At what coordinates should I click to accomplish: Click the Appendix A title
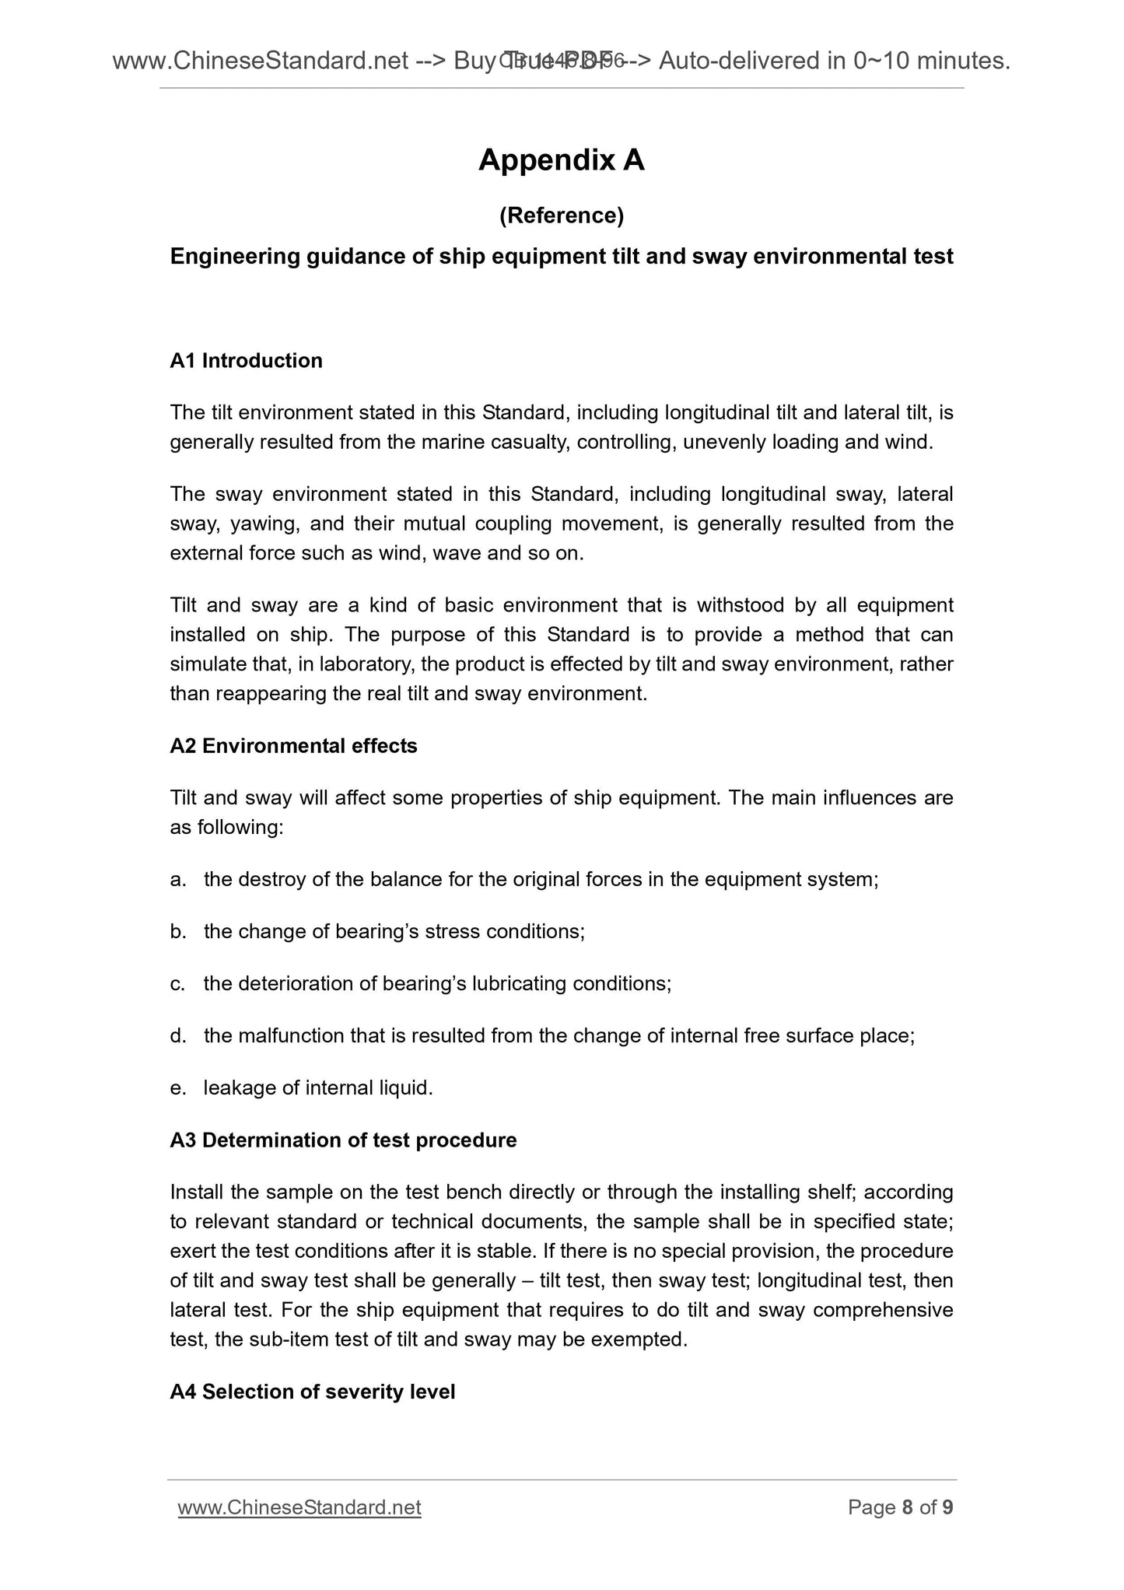pyautogui.click(x=562, y=160)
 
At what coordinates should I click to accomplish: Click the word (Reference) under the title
pyautogui.click(x=562, y=215)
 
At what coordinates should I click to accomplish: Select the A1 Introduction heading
pyautogui.click(x=246, y=361)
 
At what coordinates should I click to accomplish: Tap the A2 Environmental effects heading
pyautogui.click(x=293, y=746)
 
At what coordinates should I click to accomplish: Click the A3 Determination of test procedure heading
pyautogui.click(x=343, y=1140)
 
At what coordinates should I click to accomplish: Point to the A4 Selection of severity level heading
pyautogui.click(x=312, y=1392)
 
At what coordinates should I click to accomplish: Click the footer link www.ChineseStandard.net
pyautogui.click(x=299, y=1508)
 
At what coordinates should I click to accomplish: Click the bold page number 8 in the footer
pyautogui.click(x=907, y=1508)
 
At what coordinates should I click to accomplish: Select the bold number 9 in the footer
pyautogui.click(x=947, y=1508)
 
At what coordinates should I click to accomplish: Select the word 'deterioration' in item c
pyautogui.click(x=296, y=984)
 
